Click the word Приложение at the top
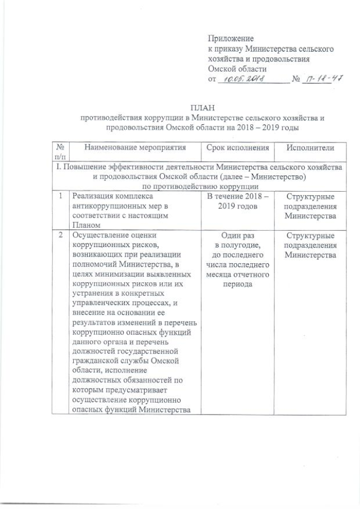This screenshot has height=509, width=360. [231, 39]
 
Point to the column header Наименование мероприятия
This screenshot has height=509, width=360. [134, 147]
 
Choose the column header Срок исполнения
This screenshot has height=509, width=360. [236, 147]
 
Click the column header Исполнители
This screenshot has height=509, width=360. [310, 147]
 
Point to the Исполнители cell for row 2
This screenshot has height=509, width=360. [310, 245]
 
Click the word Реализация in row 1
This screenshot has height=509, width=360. [89, 196]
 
